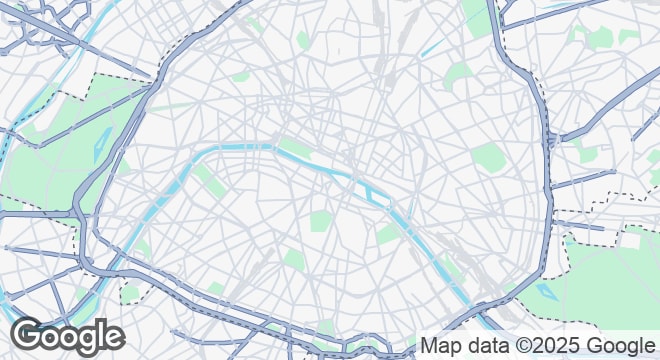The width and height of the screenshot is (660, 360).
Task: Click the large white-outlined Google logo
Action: tap(68, 335)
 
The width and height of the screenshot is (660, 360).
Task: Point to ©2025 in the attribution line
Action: tap(548, 346)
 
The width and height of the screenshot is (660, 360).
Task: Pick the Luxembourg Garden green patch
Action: tap(320, 221)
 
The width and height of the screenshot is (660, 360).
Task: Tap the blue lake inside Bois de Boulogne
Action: tap(106, 150)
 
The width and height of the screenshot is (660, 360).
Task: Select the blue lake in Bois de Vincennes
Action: tap(545, 290)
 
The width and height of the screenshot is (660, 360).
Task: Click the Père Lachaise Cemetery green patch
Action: tap(487, 157)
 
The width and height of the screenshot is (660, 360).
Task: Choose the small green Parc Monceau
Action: tap(240, 75)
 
